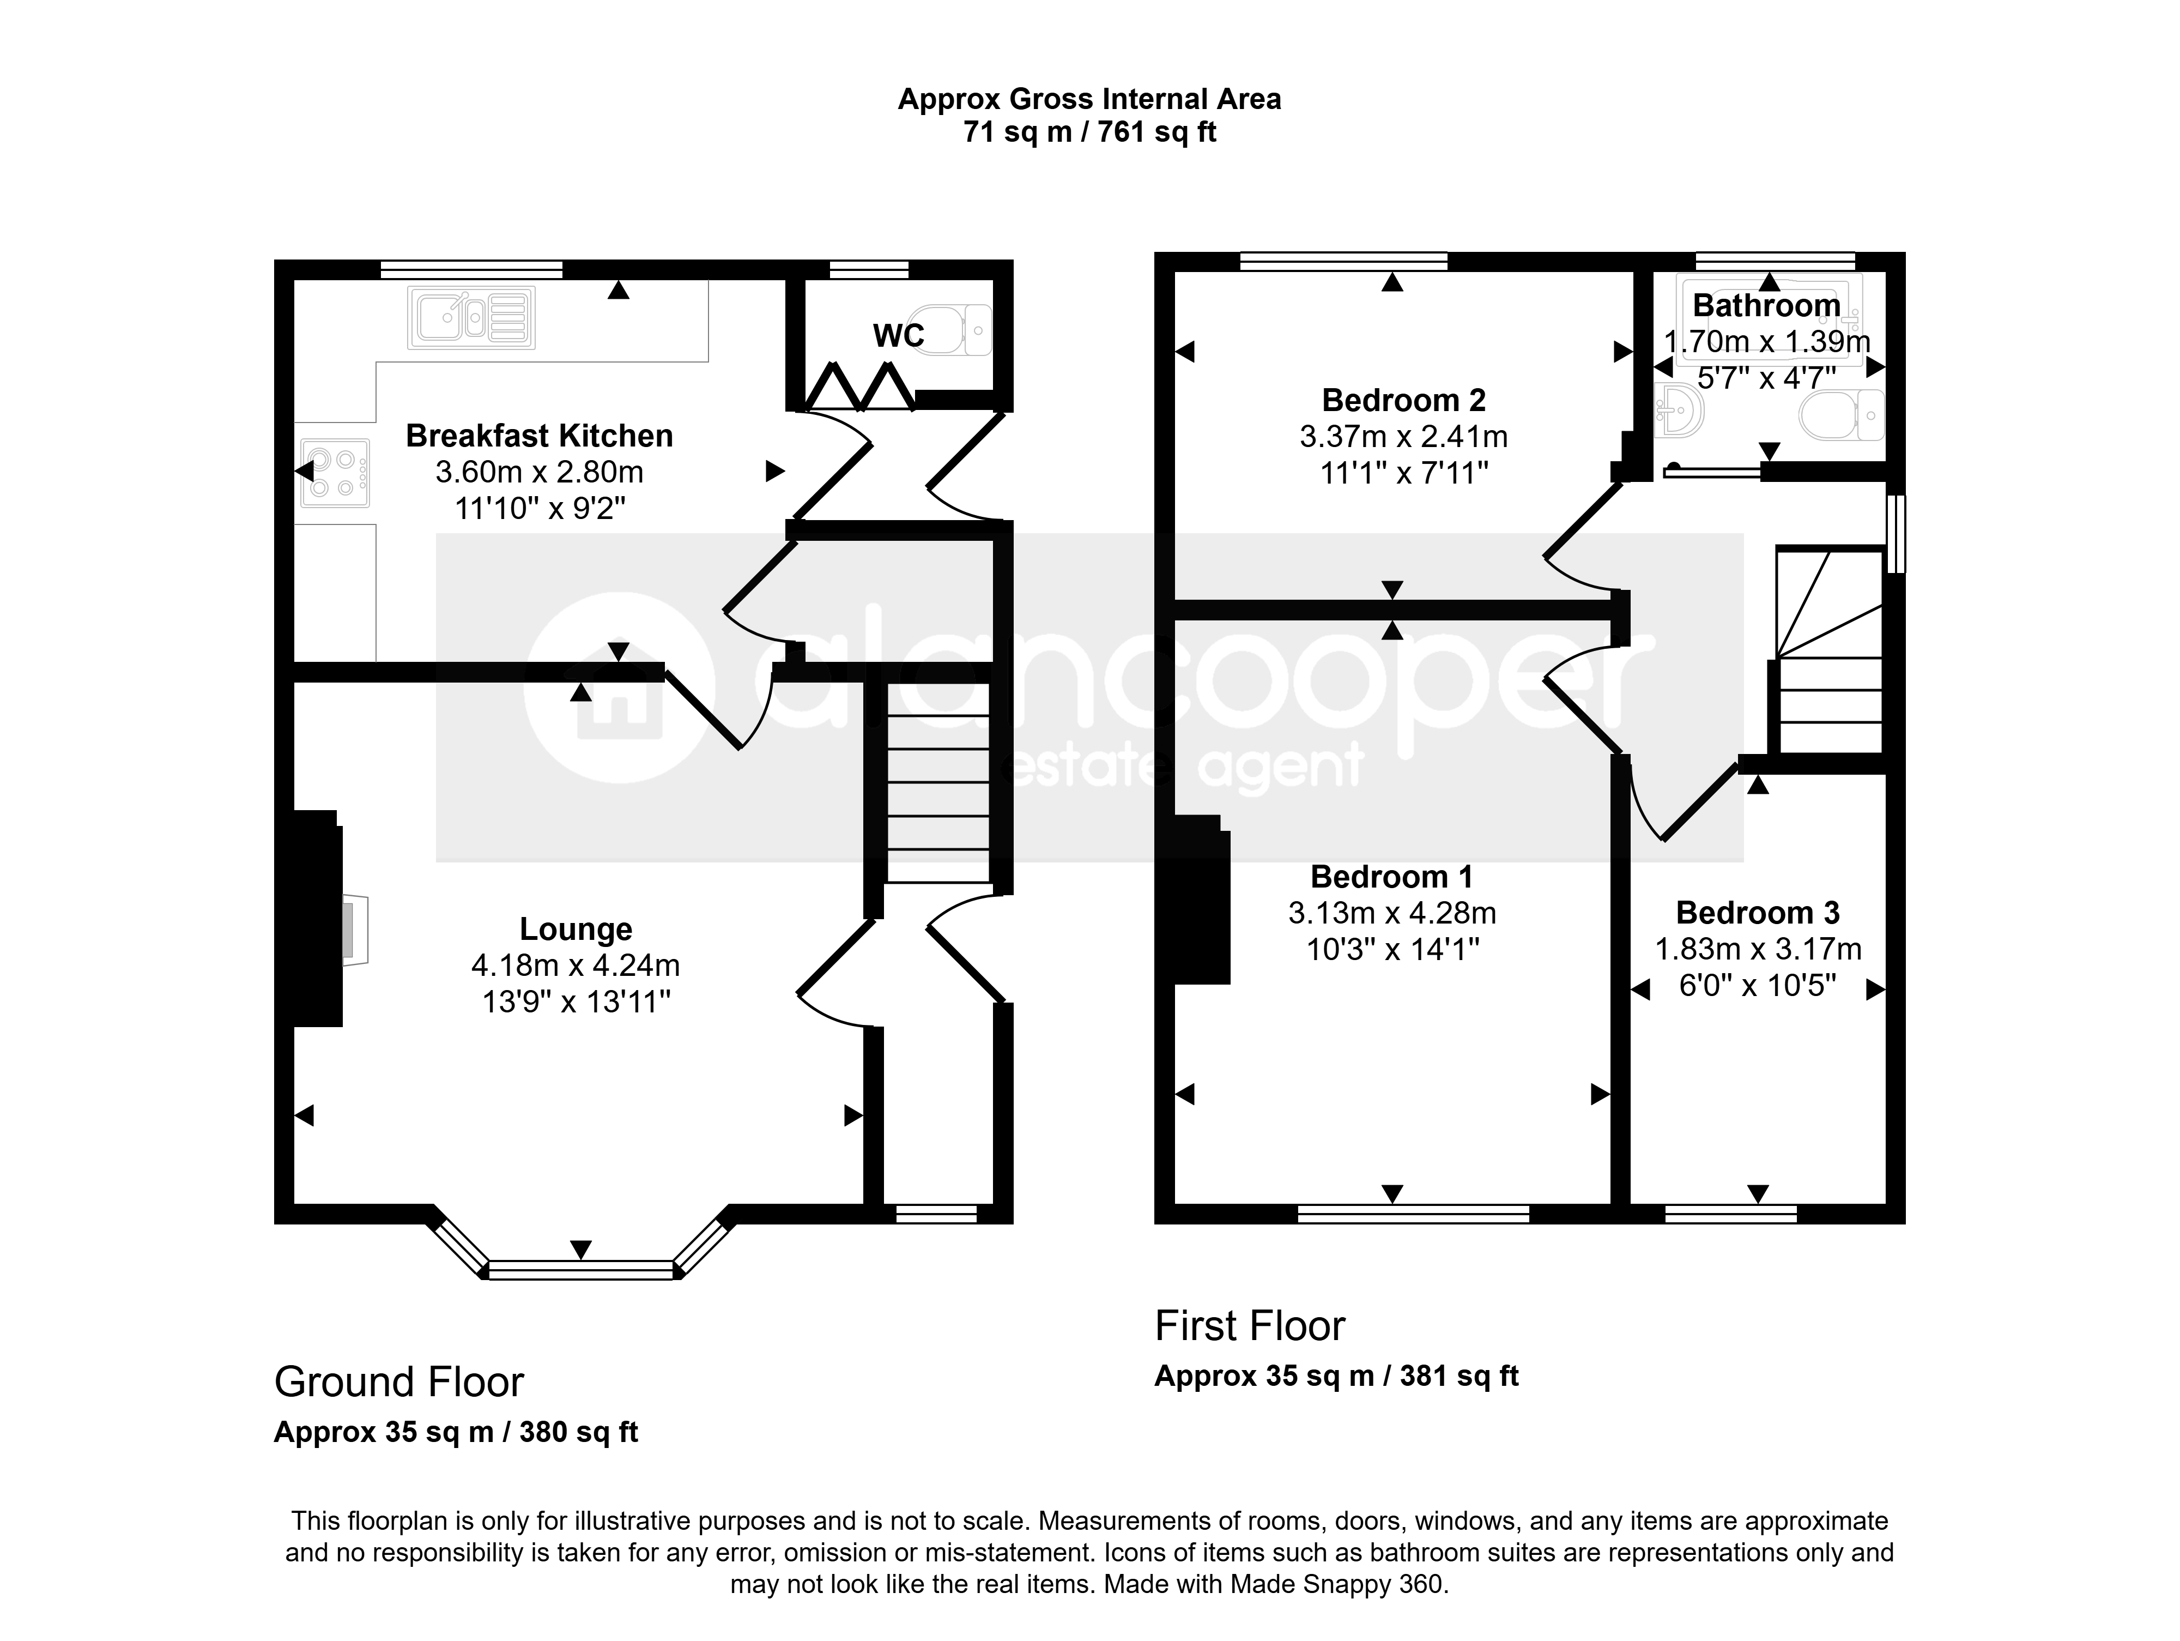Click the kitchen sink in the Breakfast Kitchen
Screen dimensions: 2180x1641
pyautogui.click(x=471, y=317)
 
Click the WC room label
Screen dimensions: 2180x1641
pyautogui.click(x=898, y=336)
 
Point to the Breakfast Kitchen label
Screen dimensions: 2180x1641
pyautogui.click(x=539, y=436)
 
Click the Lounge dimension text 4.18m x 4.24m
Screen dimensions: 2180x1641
pyautogui.click(x=576, y=965)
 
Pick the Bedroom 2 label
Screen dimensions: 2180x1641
pyautogui.click(x=1403, y=400)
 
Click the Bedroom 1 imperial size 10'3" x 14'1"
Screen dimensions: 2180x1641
pyautogui.click(x=1392, y=949)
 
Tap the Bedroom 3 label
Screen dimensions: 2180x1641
pyautogui.click(x=1757, y=913)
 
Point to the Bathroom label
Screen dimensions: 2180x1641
pyautogui.click(x=1766, y=305)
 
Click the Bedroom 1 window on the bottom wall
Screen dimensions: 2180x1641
pyautogui.click(x=1413, y=1213)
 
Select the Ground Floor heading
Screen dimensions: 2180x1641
pyautogui.click(x=398, y=1382)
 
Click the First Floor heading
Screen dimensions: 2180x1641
pyautogui.click(x=1250, y=1326)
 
